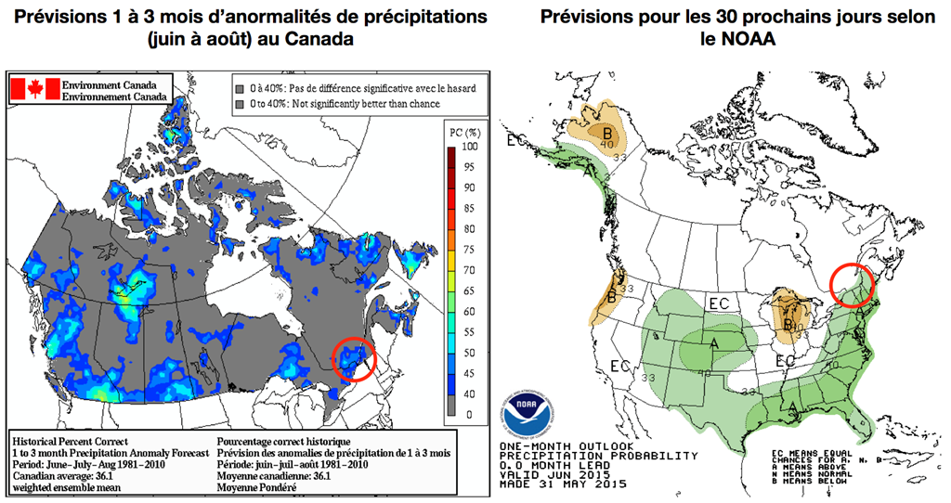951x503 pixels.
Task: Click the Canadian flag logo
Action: pyautogui.click(x=34, y=89)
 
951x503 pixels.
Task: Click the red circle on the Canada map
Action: pyautogui.click(x=352, y=358)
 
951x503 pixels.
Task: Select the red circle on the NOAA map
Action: pyautogui.click(x=851, y=285)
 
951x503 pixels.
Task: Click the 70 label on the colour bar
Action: pyautogui.click(x=469, y=269)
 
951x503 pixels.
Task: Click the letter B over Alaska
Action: pyautogui.click(x=607, y=130)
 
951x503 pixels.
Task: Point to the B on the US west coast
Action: pyautogui.click(x=612, y=297)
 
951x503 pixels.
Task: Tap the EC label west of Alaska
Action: pyautogui.click(x=515, y=140)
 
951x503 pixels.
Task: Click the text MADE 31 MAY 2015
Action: pyautogui.click(x=563, y=484)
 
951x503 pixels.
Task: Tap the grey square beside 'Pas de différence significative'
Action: pyautogui.click(x=239, y=87)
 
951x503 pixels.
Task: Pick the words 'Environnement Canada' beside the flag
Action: pyautogui.click(x=116, y=96)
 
